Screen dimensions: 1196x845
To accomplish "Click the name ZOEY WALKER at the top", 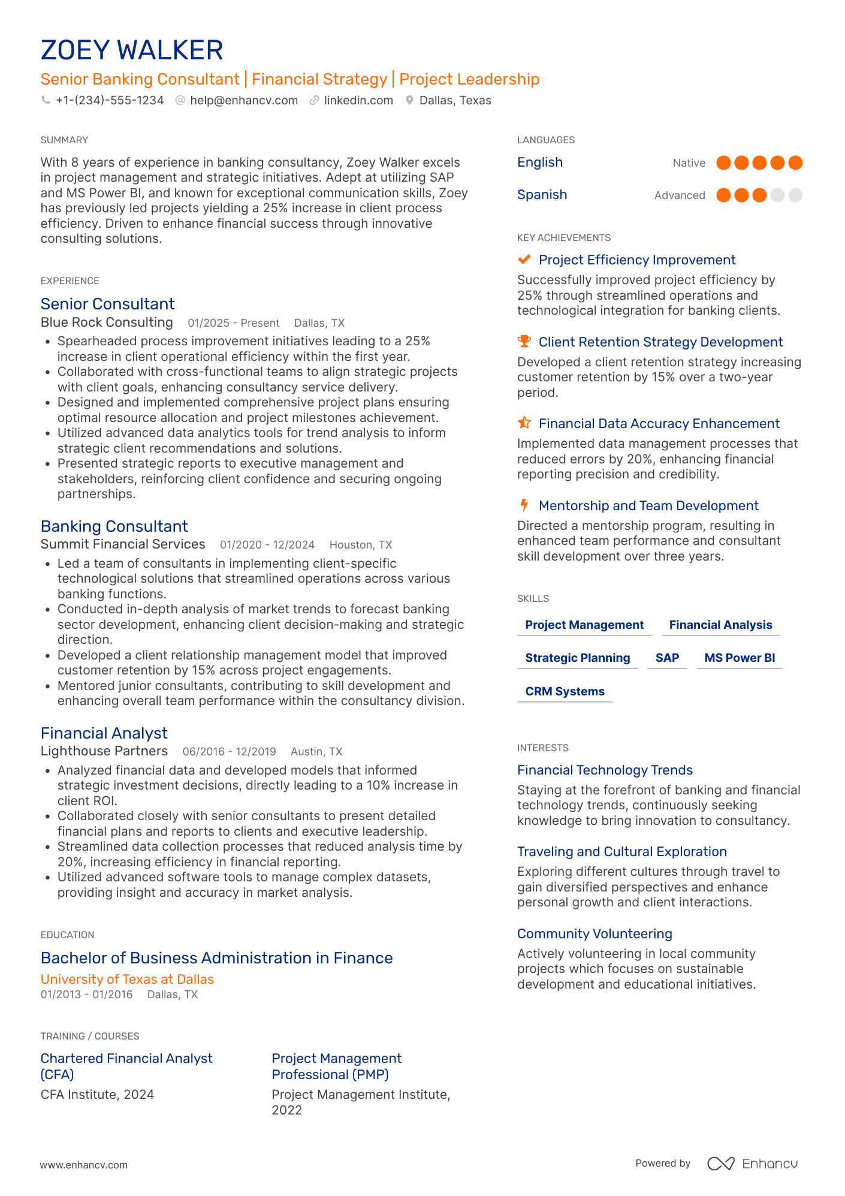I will point(132,50).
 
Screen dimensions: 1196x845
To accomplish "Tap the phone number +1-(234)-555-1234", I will point(110,101).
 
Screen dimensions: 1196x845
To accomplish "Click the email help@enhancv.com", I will point(244,101).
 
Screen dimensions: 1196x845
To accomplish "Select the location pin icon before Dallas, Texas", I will point(409,101).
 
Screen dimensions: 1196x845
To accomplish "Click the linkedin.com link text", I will point(358,101).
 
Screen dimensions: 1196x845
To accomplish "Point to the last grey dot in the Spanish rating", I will point(795,195).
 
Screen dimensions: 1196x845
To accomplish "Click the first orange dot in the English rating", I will point(723,163).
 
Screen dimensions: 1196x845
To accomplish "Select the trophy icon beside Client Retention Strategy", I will point(524,342).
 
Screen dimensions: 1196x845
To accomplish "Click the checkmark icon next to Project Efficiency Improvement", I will point(524,260).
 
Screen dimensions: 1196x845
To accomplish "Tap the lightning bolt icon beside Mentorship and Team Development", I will point(524,505).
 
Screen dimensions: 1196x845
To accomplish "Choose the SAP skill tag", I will point(667,658).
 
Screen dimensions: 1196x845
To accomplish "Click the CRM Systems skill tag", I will point(565,692).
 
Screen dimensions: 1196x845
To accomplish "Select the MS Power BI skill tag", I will point(740,658).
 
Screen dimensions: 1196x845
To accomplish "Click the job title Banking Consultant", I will point(114,526).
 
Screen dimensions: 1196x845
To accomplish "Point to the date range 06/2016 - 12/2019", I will point(229,752).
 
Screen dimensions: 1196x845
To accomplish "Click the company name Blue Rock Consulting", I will point(107,323).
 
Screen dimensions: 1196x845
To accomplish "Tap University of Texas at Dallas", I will point(127,980).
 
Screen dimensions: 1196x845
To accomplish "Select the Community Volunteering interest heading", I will point(594,934).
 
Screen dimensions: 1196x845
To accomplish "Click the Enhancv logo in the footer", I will point(752,1164).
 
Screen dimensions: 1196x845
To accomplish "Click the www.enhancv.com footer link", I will point(84,1165).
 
